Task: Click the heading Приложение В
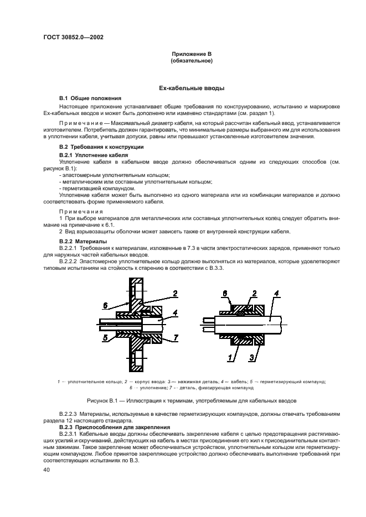click(192, 54)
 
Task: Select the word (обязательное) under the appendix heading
click(192, 60)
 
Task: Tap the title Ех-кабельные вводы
click(192, 88)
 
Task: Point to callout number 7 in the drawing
click(175, 337)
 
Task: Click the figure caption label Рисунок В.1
click(102, 399)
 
